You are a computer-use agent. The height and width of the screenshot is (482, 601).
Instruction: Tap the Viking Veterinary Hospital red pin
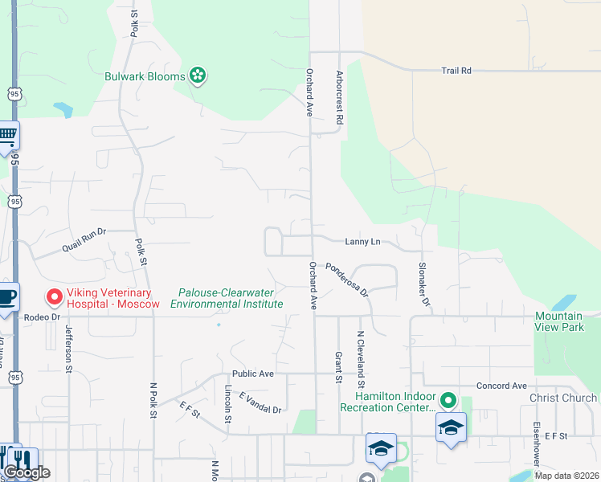pyautogui.click(x=55, y=297)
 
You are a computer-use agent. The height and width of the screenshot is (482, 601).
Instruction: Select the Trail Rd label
pyautogui.click(x=456, y=71)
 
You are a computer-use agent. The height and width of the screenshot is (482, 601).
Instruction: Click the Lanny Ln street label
pyautogui.click(x=362, y=241)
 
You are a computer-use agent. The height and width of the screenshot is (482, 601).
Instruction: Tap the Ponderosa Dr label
pyautogui.click(x=346, y=278)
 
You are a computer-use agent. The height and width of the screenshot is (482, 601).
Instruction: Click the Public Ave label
pyautogui.click(x=253, y=374)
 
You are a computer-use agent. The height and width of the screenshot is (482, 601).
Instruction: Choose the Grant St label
pyautogui.click(x=337, y=367)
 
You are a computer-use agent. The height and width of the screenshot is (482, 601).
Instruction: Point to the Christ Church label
pyautogui.click(x=562, y=398)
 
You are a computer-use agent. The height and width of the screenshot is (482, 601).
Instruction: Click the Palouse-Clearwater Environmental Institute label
pyautogui.click(x=227, y=299)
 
